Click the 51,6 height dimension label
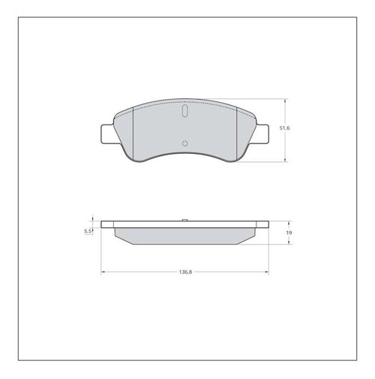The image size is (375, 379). click(284, 128)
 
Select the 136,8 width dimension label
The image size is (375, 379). click(185, 272)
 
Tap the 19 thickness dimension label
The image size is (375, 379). click(289, 233)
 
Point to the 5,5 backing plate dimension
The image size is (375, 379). click(88, 231)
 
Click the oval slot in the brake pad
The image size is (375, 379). click(184, 111)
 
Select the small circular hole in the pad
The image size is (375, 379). click(185, 143)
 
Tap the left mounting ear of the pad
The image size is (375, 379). click(107, 134)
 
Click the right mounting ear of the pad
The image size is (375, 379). click(262, 134)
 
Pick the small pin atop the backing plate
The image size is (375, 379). click(185, 220)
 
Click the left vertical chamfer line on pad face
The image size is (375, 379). click(133, 134)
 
